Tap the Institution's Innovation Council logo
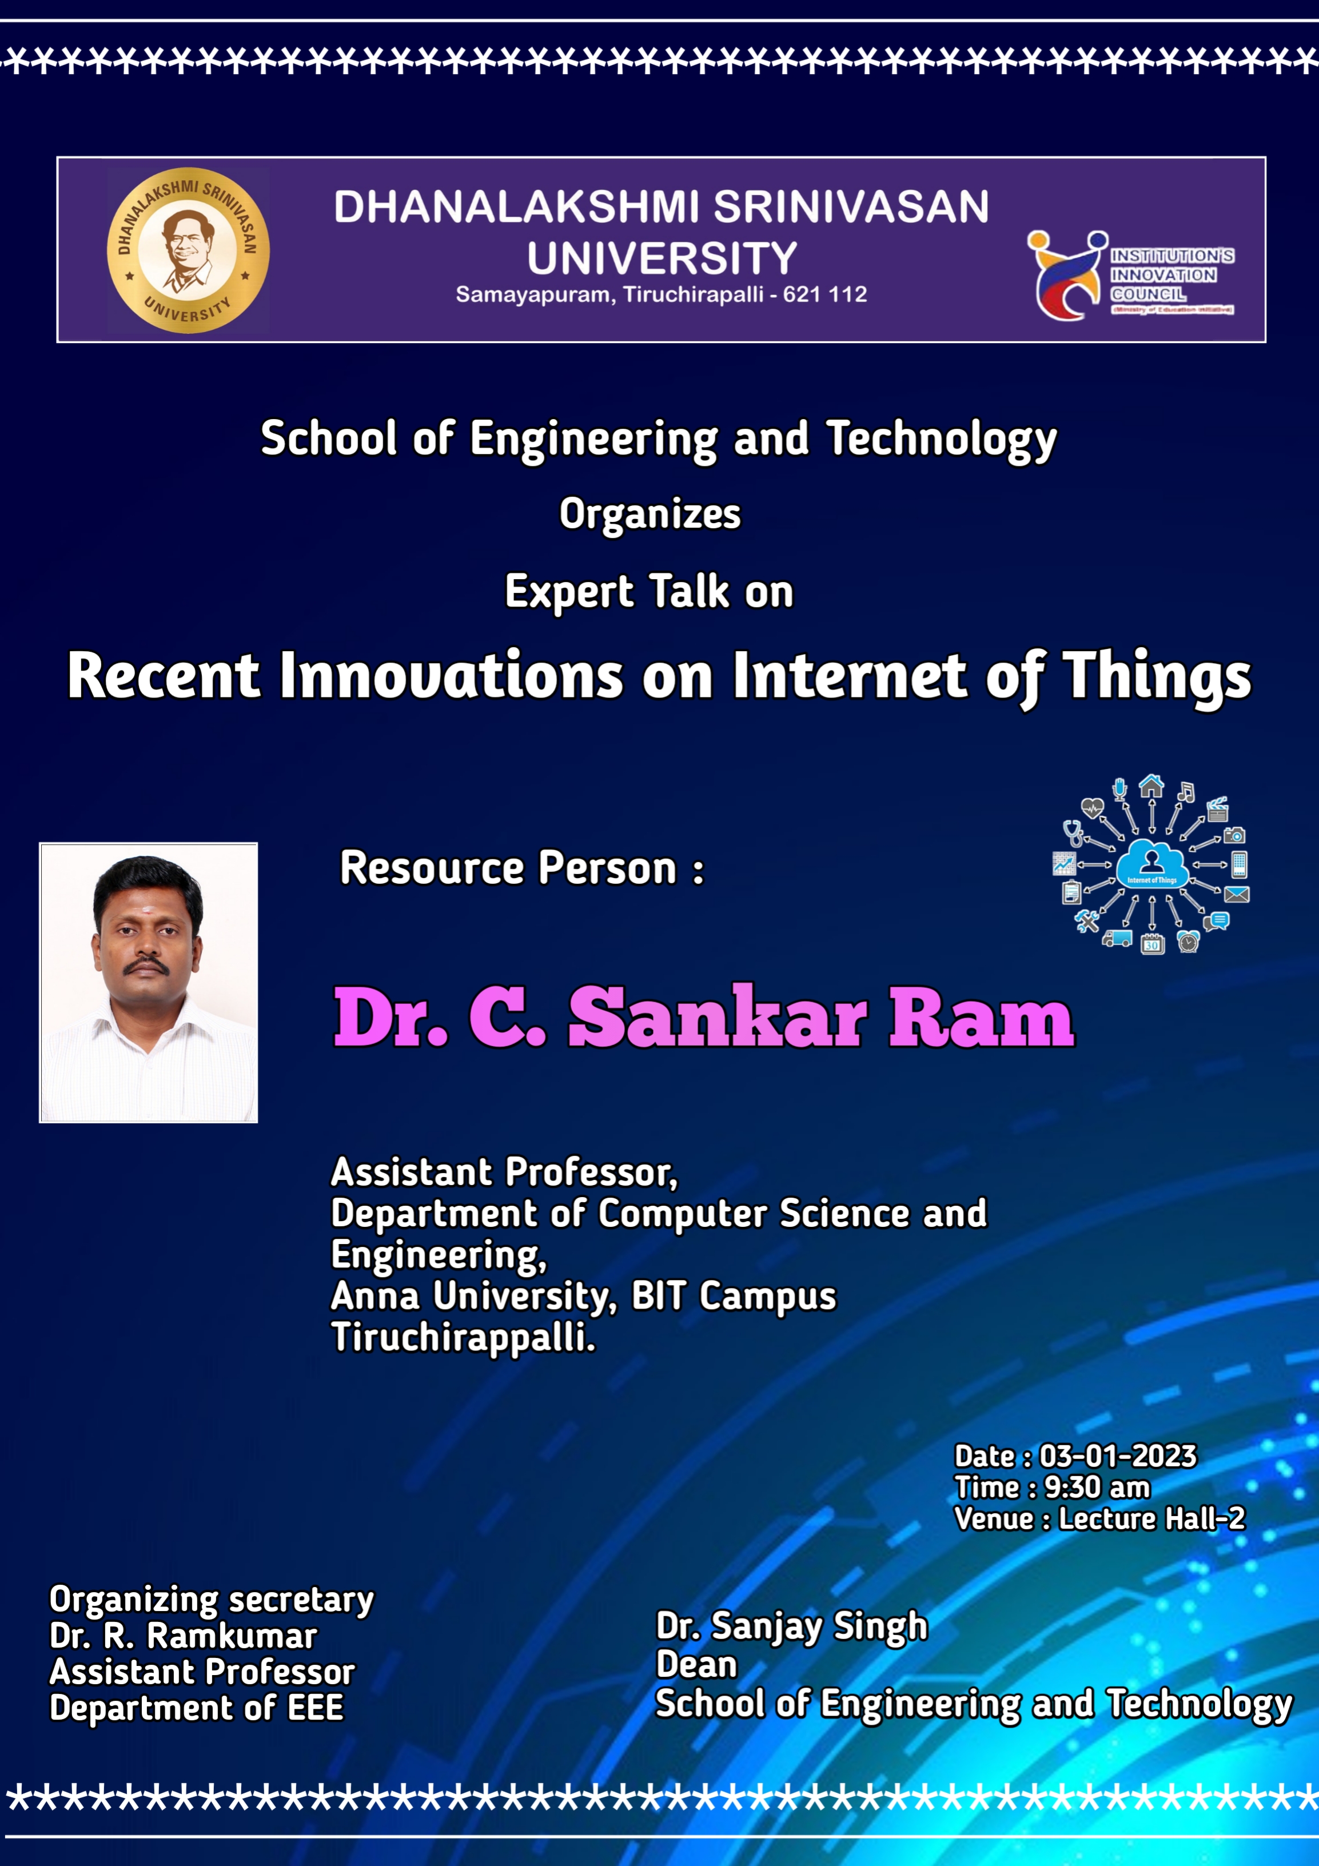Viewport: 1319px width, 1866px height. point(1130,276)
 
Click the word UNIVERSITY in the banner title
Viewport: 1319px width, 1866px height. point(662,258)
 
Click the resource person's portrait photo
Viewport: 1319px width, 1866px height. point(149,983)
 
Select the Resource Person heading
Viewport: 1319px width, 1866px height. point(522,868)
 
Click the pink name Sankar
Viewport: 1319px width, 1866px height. point(718,1016)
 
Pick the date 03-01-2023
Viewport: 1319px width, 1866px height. point(1118,1457)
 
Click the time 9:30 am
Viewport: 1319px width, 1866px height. point(1097,1488)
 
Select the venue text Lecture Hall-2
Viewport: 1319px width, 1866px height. point(1151,1518)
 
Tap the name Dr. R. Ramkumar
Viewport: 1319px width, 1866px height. point(183,1636)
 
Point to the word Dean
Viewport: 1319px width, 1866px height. point(696,1664)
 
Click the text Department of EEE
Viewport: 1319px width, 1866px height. point(197,1708)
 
